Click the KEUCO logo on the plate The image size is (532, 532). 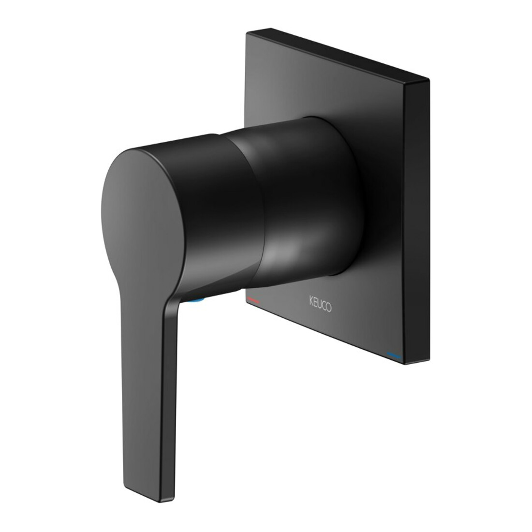[320, 304]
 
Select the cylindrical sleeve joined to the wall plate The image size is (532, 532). [305, 197]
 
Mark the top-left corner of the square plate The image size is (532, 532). [247, 32]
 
